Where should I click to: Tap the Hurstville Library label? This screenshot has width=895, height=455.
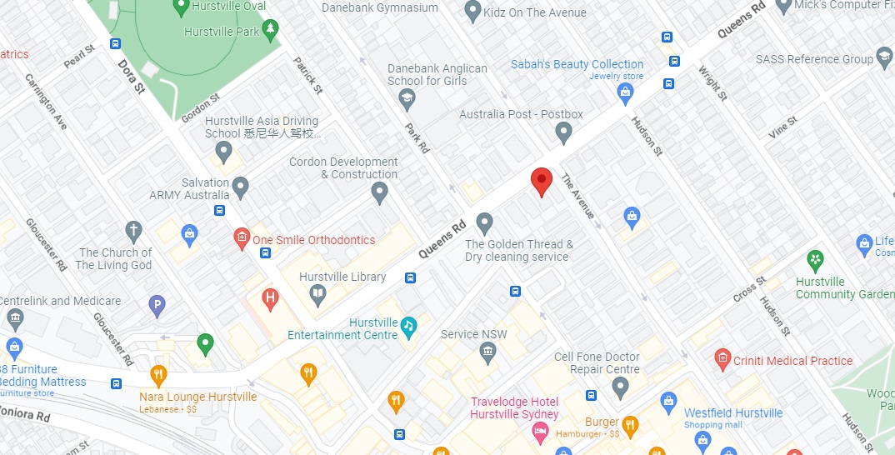tap(342, 277)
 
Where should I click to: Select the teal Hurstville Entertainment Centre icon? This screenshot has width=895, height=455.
tap(408, 327)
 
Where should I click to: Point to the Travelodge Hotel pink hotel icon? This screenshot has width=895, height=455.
tap(539, 431)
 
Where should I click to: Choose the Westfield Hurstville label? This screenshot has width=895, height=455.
tap(733, 413)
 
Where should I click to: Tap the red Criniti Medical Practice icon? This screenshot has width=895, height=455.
tap(722, 360)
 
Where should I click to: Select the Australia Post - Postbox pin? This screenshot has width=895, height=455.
tap(564, 132)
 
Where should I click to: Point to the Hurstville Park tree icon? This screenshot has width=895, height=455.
tap(270, 32)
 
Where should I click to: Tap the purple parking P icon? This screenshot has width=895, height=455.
tap(157, 307)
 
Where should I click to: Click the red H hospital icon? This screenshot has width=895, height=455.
tap(270, 297)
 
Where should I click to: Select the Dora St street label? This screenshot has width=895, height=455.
tap(131, 76)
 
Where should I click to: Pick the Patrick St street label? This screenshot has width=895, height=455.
tap(307, 74)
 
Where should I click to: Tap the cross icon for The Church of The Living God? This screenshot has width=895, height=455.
tap(133, 231)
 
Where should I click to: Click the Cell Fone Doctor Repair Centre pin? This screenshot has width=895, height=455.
tap(620, 387)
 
